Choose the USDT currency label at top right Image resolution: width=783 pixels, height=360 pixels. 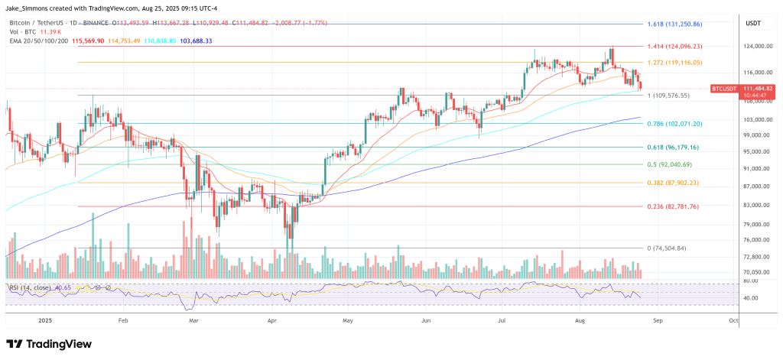coord(752,23)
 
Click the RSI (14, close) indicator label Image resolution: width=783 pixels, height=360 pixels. coord(33,287)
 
